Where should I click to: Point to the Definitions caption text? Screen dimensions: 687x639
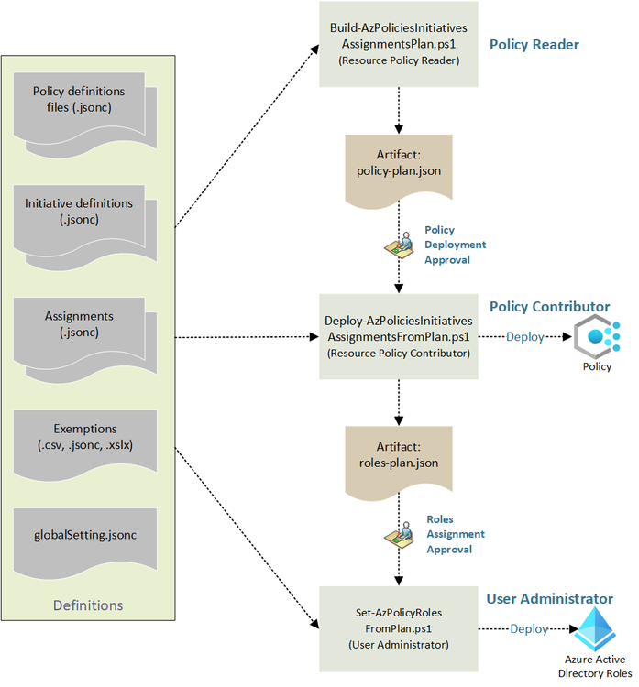[x=88, y=605]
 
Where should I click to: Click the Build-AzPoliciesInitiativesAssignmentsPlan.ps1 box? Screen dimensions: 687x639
[x=398, y=44]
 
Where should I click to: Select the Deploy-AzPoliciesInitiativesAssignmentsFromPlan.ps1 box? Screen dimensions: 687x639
[x=398, y=336]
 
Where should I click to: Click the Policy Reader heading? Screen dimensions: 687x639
[x=534, y=44]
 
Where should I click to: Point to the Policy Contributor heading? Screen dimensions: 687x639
[x=549, y=306]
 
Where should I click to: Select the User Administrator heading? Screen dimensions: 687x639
[x=549, y=599]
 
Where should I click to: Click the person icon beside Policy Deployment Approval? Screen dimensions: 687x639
[x=398, y=245]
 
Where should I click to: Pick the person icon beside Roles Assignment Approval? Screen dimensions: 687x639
[x=398, y=535]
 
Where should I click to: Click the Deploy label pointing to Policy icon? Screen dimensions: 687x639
[x=525, y=337]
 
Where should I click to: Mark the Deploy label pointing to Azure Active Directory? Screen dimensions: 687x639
[x=529, y=629]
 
